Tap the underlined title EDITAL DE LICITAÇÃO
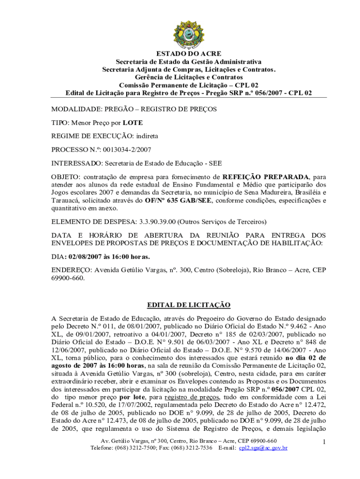tap(189, 305)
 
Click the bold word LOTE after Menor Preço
tap(133, 123)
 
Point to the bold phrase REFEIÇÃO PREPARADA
tap(266, 177)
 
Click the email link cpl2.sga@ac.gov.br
tap(263, 448)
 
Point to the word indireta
tap(147, 136)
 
